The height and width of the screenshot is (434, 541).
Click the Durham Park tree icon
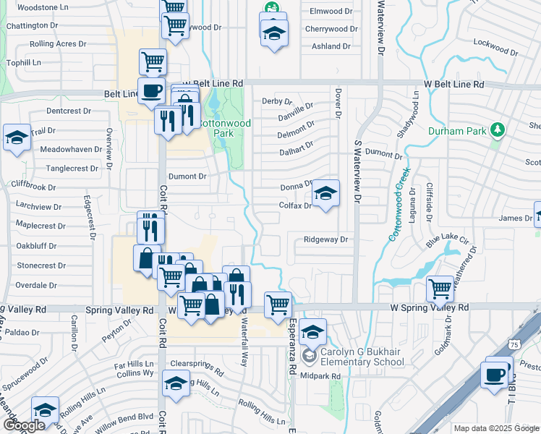[x=497, y=130]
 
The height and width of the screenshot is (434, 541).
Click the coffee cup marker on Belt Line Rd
[x=151, y=92]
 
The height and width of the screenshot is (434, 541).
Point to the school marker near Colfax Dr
[x=325, y=194]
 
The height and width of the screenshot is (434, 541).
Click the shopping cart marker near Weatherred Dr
[x=440, y=289]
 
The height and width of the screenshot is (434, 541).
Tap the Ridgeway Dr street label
[x=326, y=239]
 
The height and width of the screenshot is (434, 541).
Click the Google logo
[x=24, y=425]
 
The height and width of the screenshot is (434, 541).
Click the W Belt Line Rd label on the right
[x=453, y=85]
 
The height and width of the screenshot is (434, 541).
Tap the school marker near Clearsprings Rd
[x=176, y=383]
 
